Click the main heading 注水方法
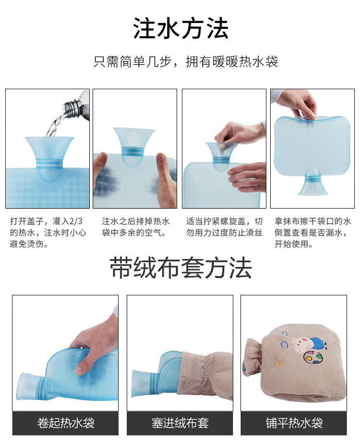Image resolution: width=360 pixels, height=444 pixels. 180,28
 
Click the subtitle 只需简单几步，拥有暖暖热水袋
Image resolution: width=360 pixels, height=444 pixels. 186,62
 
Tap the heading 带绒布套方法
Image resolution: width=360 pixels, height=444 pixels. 180,268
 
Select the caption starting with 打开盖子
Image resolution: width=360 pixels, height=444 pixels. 48,233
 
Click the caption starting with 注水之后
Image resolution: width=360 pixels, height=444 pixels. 135,227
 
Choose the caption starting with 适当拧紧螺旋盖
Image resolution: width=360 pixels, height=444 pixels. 224,227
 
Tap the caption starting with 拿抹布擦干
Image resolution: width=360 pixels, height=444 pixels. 312,233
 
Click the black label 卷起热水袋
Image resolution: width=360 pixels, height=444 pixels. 65,423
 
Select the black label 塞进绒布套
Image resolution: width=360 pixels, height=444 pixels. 180,423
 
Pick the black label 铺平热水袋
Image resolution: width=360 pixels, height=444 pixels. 294,423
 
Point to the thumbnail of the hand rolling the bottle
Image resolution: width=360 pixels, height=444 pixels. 65,353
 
